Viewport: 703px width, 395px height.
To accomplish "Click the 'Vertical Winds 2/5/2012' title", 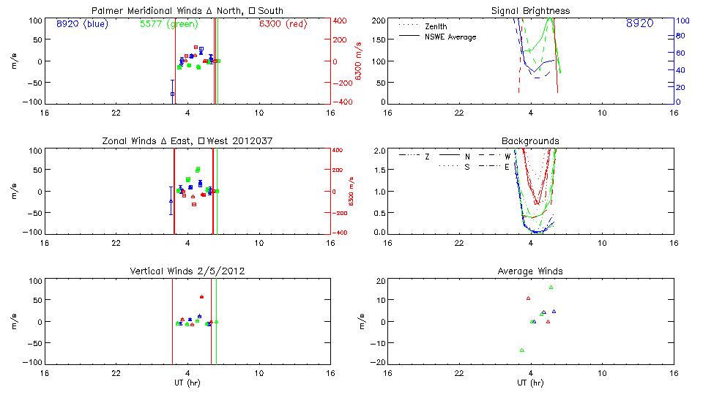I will click(x=187, y=271).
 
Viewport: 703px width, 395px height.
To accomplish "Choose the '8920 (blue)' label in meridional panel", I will click(x=81, y=24).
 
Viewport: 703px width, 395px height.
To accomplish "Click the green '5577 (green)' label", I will click(x=168, y=24).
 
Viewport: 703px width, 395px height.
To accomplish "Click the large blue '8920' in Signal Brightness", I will click(x=639, y=24).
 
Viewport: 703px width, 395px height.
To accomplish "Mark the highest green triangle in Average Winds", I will click(x=551, y=287).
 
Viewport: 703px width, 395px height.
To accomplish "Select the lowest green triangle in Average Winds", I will click(x=522, y=350).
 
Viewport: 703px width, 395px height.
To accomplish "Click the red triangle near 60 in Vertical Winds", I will click(x=201, y=297).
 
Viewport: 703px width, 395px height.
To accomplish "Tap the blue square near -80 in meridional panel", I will click(x=173, y=94).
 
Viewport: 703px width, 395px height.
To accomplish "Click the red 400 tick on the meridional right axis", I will click(x=341, y=20).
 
